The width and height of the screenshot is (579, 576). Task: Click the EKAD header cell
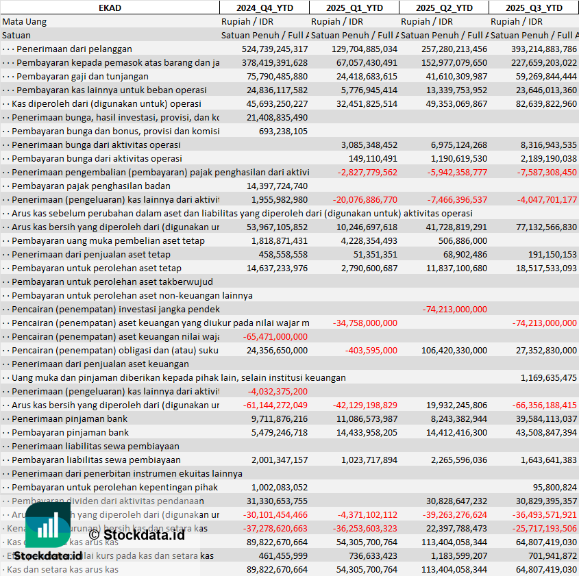click(110, 8)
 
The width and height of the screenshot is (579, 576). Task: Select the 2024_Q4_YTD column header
click(264, 8)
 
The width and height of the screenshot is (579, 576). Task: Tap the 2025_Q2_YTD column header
click(444, 8)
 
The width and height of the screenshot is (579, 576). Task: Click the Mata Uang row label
click(25, 21)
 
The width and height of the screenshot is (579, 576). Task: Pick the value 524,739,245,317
click(275, 49)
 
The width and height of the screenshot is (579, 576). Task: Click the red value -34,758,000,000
click(365, 323)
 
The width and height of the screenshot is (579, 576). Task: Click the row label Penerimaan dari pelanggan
click(74, 49)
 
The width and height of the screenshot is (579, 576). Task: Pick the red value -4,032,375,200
click(278, 391)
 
